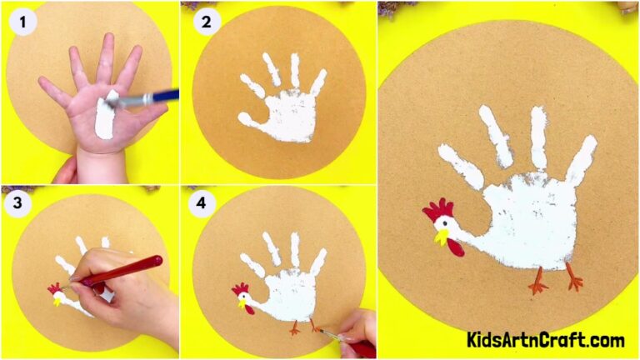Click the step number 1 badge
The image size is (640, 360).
(23, 21)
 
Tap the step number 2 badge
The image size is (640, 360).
(205, 21)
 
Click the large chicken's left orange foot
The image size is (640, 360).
(538, 283)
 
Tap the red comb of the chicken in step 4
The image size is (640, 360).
(240, 289)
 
